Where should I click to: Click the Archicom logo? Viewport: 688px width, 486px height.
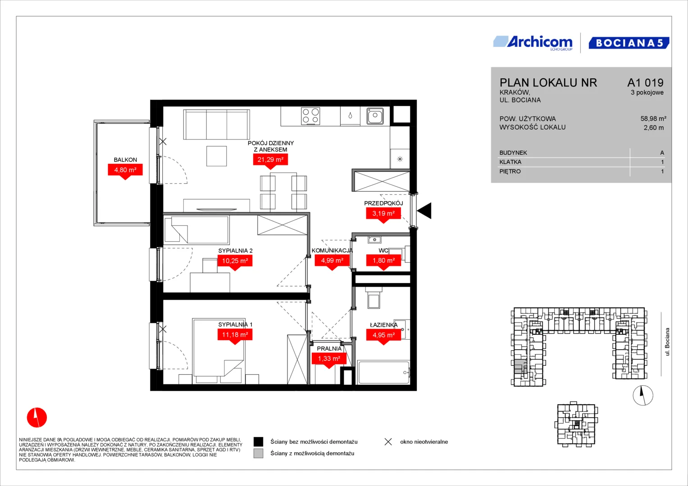pyautogui.click(x=533, y=43)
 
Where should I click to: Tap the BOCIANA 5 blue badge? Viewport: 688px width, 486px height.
pyautogui.click(x=629, y=43)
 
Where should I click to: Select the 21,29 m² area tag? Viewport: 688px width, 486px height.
pyautogui.click(x=270, y=160)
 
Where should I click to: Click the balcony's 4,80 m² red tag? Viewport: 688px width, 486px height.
pyautogui.click(x=125, y=170)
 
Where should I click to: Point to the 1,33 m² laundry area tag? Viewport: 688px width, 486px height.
pyautogui.click(x=329, y=359)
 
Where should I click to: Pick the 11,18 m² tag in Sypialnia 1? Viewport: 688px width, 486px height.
pyautogui.click(x=235, y=335)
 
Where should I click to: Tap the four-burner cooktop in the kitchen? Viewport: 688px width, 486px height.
pyautogui.click(x=310, y=116)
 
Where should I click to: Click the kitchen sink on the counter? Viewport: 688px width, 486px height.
pyautogui.click(x=375, y=116)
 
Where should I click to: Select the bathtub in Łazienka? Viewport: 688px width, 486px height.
pyautogui.click(x=383, y=373)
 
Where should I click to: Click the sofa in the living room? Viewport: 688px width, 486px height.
pyautogui.click(x=217, y=125)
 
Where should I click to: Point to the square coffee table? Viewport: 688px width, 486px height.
pyautogui.click(x=217, y=156)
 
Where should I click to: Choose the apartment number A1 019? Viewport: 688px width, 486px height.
pyautogui.click(x=645, y=82)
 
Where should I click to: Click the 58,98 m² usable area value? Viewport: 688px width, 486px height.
pyautogui.click(x=653, y=118)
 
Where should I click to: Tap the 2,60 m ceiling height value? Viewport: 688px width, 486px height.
pyautogui.click(x=654, y=128)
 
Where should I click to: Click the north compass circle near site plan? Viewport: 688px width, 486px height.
pyautogui.click(x=643, y=396)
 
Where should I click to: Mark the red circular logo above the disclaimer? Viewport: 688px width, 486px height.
pyautogui.click(x=37, y=418)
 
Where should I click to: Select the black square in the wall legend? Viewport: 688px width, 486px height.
pyautogui.click(x=258, y=441)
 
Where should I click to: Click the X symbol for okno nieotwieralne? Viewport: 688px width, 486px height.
pyautogui.click(x=388, y=442)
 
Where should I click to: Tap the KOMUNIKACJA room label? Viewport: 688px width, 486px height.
pyautogui.click(x=332, y=251)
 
